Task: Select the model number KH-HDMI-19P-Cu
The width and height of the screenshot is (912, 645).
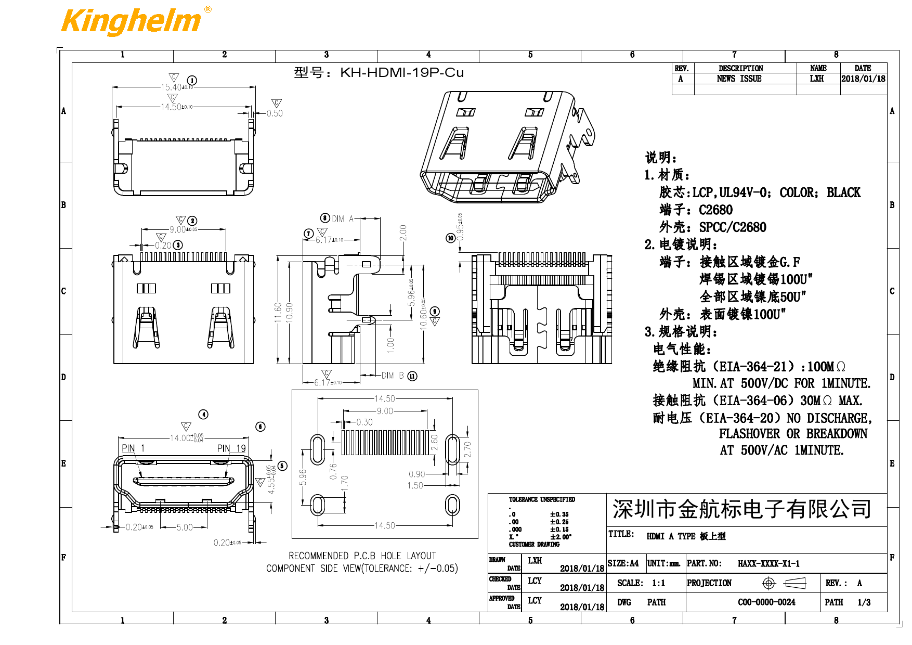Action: click(x=401, y=72)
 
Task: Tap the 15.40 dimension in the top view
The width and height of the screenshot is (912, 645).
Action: click(x=171, y=87)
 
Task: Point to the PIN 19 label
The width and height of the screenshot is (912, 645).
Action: click(x=231, y=448)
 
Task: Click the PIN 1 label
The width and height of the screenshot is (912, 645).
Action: click(x=133, y=448)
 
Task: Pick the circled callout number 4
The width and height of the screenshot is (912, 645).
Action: click(x=203, y=415)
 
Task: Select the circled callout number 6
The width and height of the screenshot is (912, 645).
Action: click(x=260, y=427)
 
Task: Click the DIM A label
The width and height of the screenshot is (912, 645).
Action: click(x=343, y=219)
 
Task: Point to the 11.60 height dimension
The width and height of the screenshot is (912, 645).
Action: click(x=278, y=313)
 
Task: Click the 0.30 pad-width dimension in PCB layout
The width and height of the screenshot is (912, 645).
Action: click(x=364, y=422)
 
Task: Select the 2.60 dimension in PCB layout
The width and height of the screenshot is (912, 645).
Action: click(x=435, y=443)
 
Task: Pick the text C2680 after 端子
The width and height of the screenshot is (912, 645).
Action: click(x=715, y=210)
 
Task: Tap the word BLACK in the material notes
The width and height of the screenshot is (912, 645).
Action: click(x=843, y=193)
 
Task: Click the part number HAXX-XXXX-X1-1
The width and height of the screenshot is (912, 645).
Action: click(x=768, y=563)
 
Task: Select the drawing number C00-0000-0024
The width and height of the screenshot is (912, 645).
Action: click(x=766, y=602)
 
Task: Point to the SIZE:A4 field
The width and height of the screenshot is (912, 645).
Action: click(x=623, y=563)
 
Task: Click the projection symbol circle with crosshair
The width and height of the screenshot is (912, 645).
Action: click(x=768, y=583)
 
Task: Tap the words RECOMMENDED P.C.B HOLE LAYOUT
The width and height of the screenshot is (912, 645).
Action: click(x=362, y=556)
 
